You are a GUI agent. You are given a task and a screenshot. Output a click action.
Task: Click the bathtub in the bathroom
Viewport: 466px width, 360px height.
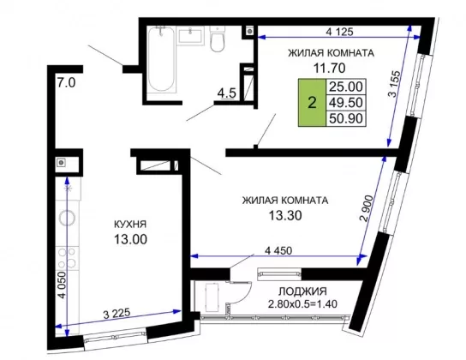[161, 59]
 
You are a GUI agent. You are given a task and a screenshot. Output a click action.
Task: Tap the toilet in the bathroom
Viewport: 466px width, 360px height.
[218, 39]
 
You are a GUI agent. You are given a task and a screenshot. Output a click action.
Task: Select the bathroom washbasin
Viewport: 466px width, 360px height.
[191, 36]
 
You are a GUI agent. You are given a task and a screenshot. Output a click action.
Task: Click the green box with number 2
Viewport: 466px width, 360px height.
[312, 103]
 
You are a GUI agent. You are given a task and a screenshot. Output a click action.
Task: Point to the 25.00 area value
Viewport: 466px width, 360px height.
[346, 87]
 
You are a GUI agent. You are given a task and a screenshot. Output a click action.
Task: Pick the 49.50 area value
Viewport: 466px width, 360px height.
[346, 103]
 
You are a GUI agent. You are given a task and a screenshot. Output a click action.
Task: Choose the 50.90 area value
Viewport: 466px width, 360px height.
[346, 118]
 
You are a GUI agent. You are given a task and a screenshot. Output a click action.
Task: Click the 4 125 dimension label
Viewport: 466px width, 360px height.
[339, 32]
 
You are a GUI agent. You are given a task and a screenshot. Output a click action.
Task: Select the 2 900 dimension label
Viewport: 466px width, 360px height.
[367, 208]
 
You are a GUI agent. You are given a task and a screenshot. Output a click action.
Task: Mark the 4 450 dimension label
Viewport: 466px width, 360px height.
[278, 250]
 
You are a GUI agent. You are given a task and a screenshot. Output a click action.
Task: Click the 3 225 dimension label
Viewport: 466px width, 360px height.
[116, 314]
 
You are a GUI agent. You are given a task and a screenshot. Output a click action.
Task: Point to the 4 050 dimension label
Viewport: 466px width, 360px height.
[63, 285]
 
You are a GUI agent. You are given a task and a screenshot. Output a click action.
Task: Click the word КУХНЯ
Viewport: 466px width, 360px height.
[130, 225]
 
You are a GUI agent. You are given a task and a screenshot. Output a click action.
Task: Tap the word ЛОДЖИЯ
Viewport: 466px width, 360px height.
[302, 291]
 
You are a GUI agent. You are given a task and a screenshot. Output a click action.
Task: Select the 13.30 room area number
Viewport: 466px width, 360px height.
[285, 215]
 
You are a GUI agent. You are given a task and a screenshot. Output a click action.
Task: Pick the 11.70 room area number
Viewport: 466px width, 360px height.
[330, 68]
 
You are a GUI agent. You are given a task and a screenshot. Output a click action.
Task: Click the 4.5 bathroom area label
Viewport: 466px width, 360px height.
[226, 93]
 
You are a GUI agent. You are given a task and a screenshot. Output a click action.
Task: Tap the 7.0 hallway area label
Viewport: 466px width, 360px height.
[66, 82]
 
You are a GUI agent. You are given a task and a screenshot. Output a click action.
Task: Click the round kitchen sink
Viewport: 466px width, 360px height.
[67, 219]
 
